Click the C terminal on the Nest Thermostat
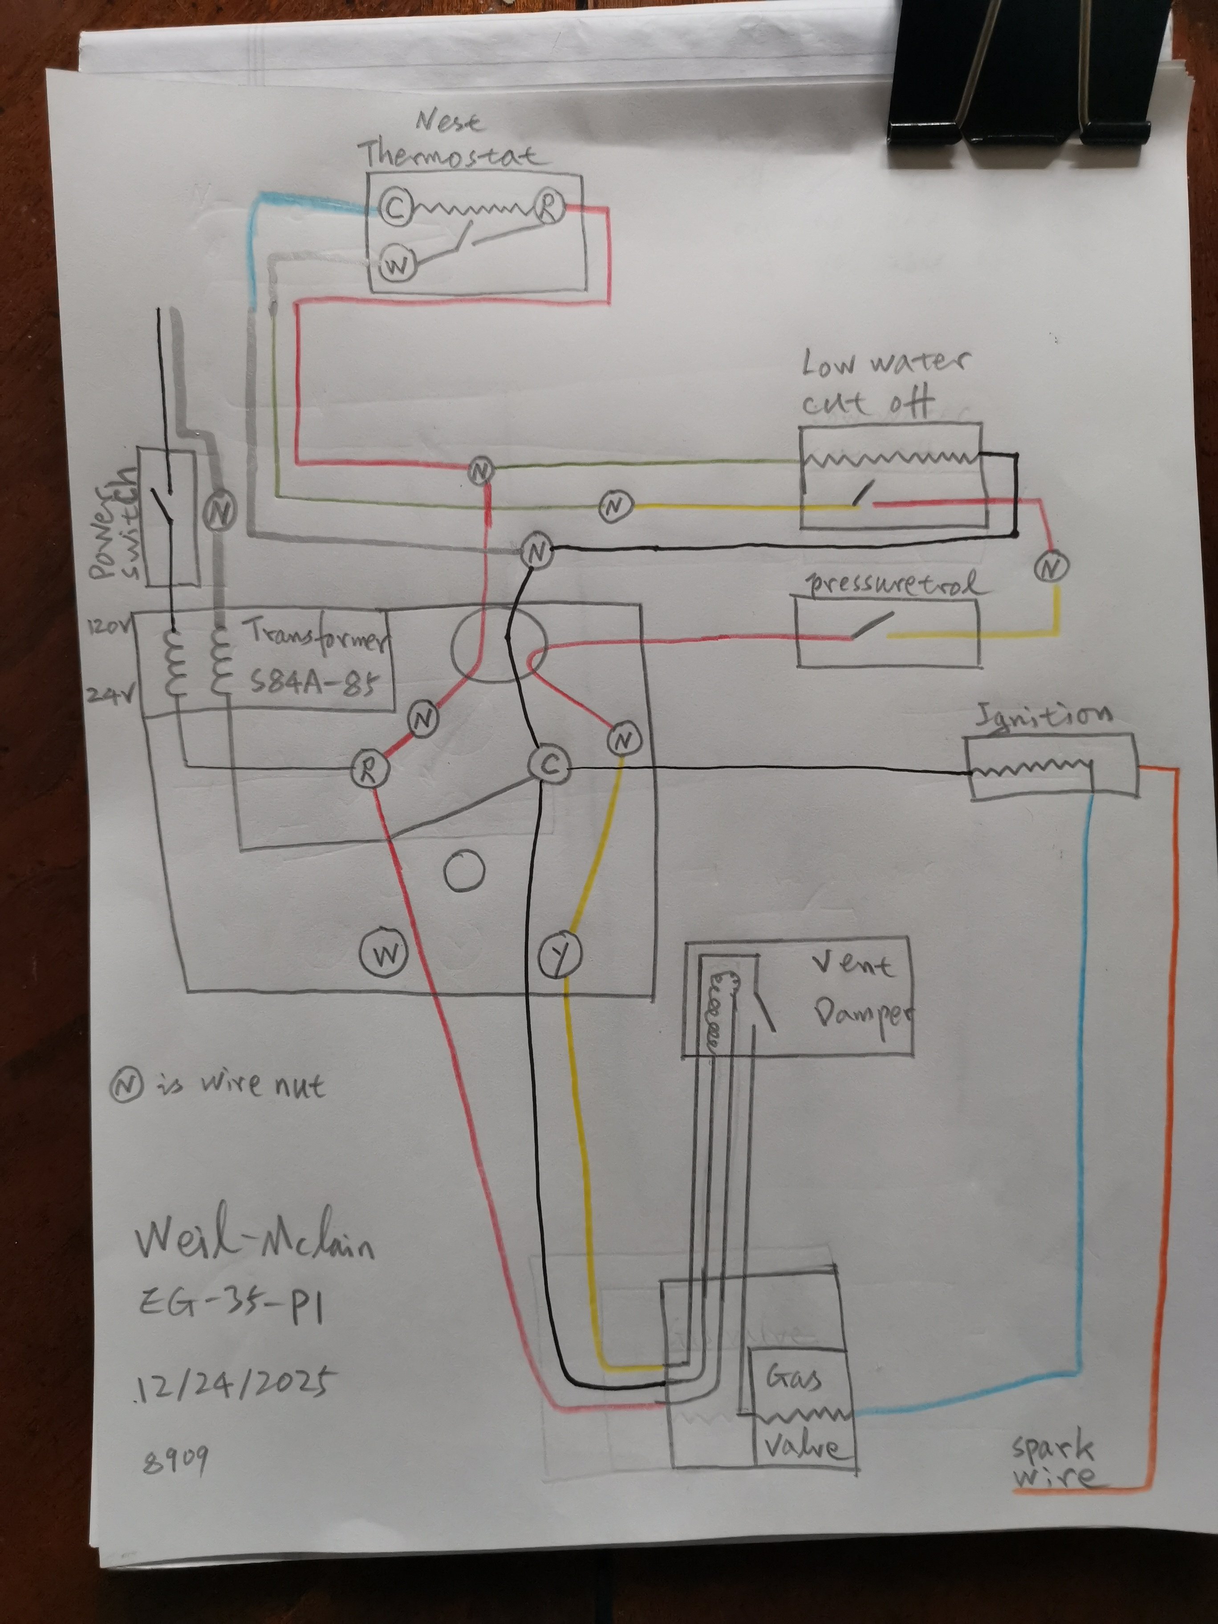click(394, 208)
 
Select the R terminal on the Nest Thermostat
click(548, 207)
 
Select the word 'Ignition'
click(1043, 716)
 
